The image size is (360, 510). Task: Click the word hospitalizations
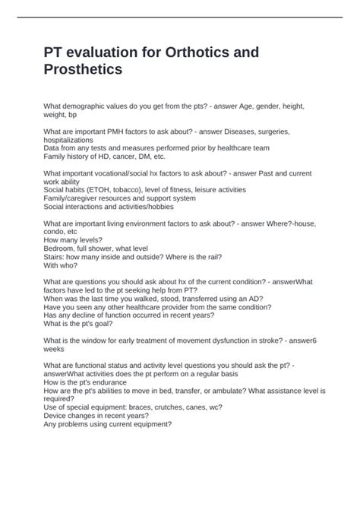[x=69, y=140]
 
